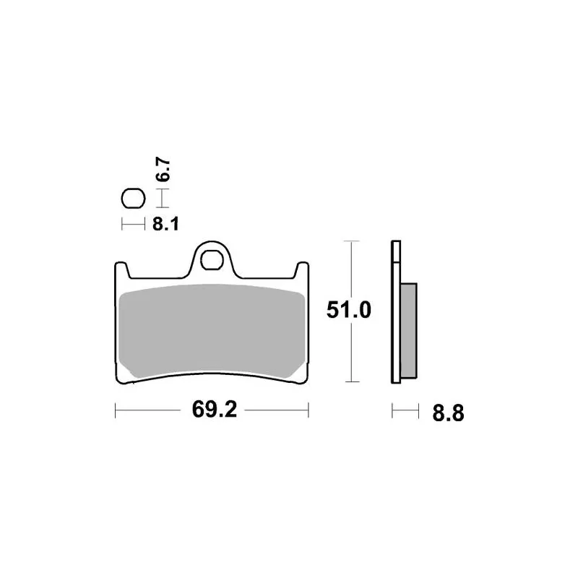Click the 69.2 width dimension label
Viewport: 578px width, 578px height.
coord(214,410)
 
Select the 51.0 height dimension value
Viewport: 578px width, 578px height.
coord(348,310)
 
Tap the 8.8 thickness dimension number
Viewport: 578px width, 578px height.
coord(448,413)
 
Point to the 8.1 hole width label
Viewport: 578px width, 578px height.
coord(165,224)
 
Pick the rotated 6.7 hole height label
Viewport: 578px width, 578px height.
coord(163,170)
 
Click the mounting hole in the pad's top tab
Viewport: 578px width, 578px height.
coord(212,260)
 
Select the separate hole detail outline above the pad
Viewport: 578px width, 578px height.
coord(134,199)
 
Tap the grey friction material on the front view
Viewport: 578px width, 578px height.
coord(212,331)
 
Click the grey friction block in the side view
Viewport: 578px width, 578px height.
coord(409,331)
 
